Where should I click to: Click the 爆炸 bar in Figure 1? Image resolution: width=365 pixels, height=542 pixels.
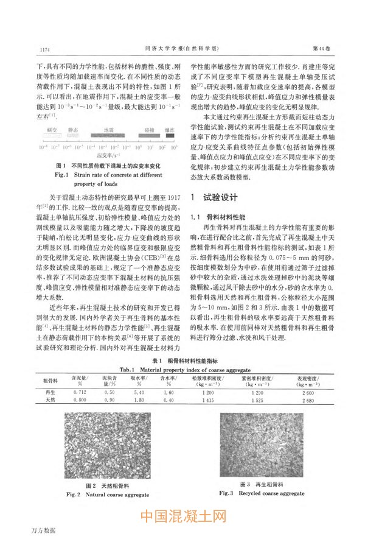point(170,130)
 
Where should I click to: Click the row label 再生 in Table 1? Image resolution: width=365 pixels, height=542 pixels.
point(50,392)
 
